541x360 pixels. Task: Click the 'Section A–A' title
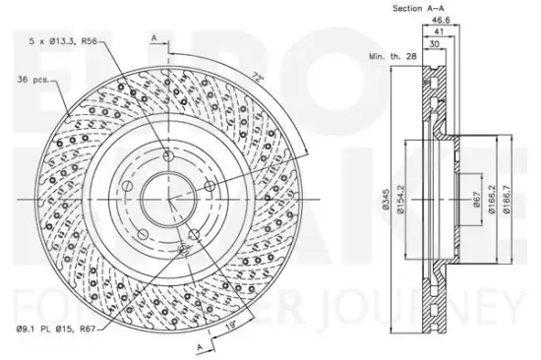[x=420, y=8]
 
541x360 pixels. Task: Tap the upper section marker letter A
[x=154, y=37]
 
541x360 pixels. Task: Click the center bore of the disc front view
[x=167, y=196]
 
